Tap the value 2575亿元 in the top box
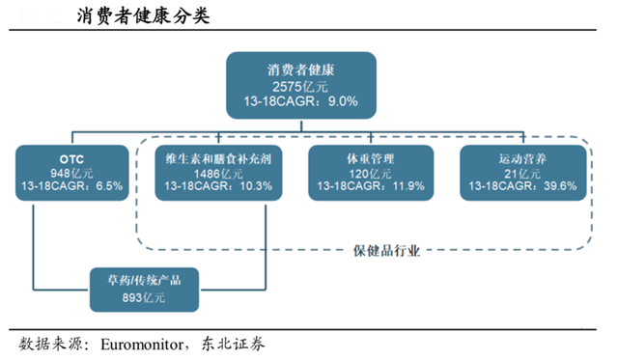(x=300, y=85)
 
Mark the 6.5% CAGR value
(x=107, y=187)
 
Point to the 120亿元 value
(x=369, y=173)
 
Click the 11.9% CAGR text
(x=407, y=187)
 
